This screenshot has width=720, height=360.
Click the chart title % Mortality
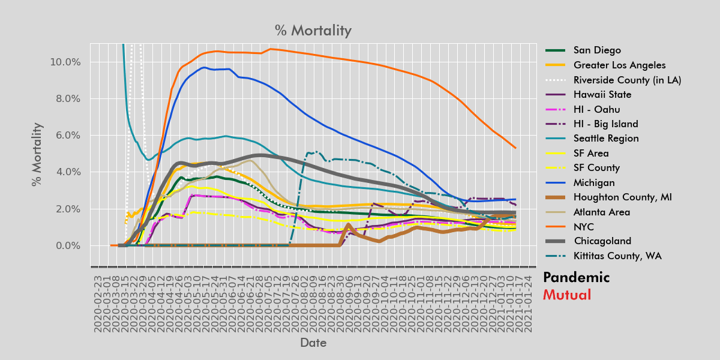click(x=313, y=31)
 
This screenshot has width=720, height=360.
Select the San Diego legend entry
click(x=597, y=50)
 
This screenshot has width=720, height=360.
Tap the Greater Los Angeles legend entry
click(x=619, y=65)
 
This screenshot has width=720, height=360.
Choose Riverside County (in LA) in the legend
click(x=627, y=80)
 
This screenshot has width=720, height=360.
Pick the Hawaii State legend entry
click(x=602, y=94)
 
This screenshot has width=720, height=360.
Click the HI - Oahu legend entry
click(x=597, y=109)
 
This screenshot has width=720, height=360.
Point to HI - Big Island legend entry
click(x=605, y=124)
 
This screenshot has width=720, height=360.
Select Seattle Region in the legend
click(x=606, y=139)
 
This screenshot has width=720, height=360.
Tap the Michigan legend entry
click(x=594, y=182)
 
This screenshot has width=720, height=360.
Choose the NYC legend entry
click(x=584, y=227)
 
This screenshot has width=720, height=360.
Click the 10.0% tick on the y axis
click(x=64, y=62)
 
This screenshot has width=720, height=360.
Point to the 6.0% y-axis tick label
click(x=66, y=136)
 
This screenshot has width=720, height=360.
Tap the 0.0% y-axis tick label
click(x=66, y=246)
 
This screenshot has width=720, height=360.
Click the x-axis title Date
click(x=313, y=343)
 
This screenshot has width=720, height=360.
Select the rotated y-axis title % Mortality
click(x=37, y=154)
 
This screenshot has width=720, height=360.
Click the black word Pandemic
click(x=576, y=277)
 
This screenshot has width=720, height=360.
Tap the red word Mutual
click(x=566, y=295)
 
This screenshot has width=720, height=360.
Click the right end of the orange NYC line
click(x=515, y=148)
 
